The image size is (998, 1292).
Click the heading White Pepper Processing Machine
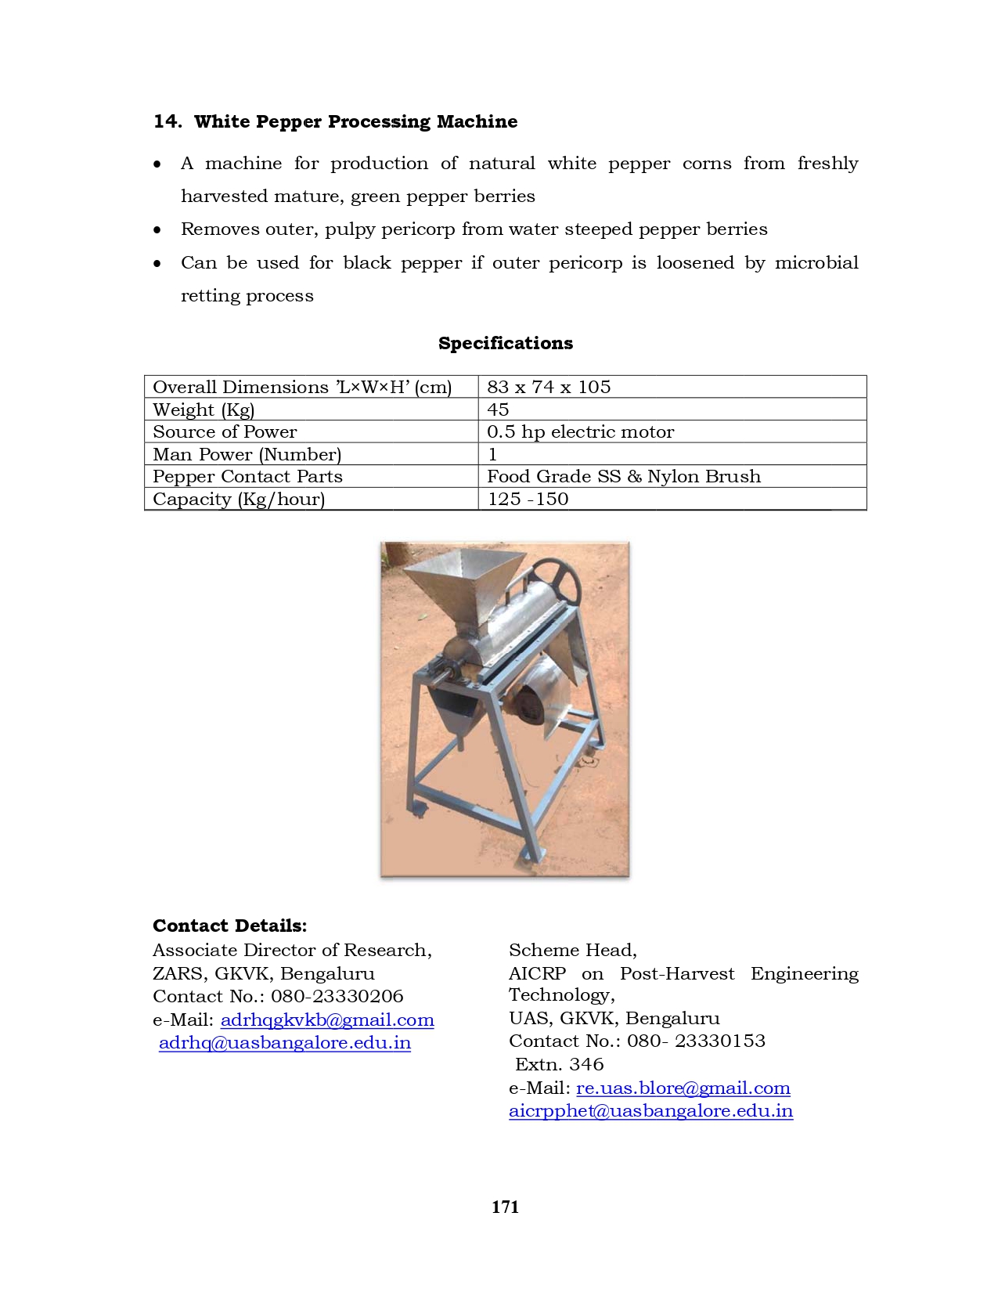[x=355, y=121]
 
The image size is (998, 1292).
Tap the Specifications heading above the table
[x=505, y=343]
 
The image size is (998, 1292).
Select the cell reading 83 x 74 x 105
[x=549, y=387]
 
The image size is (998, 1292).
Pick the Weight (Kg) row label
[x=204, y=410]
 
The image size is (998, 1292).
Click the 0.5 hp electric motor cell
[x=580, y=431]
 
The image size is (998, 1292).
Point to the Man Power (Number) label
[x=247, y=454]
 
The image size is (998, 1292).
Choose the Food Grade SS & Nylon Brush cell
[x=623, y=476]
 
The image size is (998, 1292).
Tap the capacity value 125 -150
[x=528, y=499]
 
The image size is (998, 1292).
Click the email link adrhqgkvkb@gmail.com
[x=327, y=1020]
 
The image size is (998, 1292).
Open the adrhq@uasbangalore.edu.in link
[x=285, y=1043]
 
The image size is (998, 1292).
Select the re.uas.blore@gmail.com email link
[x=683, y=1088]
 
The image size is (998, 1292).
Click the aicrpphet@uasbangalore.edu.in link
[x=650, y=1110]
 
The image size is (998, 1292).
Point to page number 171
[x=505, y=1207]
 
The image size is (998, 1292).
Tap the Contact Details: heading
[x=229, y=926]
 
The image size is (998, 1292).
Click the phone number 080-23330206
[x=337, y=996]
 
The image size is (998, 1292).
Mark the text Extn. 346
[x=559, y=1064]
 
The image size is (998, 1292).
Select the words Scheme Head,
[x=572, y=950]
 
